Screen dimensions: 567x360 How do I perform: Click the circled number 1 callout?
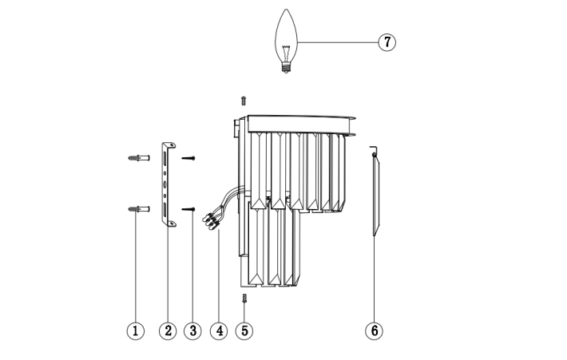(x=136, y=330)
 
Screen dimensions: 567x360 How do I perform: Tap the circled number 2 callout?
(x=169, y=330)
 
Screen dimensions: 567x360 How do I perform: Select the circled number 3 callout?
(x=192, y=330)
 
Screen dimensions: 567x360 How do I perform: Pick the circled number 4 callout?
(x=219, y=330)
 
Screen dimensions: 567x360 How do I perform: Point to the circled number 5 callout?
(x=244, y=330)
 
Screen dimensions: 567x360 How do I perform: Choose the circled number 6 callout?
(x=375, y=330)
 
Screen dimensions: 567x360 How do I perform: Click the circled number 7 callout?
(x=387, y=42)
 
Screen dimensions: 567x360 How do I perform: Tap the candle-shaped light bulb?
(x=286, y=41)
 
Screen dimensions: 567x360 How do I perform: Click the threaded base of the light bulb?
(x=286, y=68)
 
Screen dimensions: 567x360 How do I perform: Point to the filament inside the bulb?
(x=286, y=53)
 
